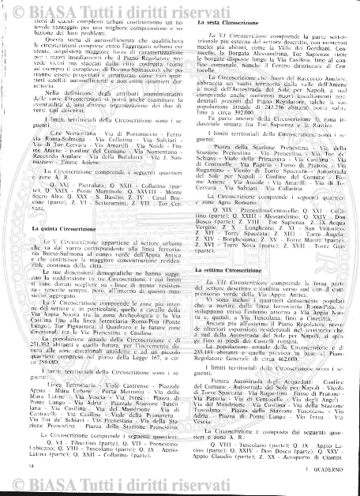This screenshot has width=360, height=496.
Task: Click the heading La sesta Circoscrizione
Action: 229,28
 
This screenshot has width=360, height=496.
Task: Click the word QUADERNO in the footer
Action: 324,470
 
